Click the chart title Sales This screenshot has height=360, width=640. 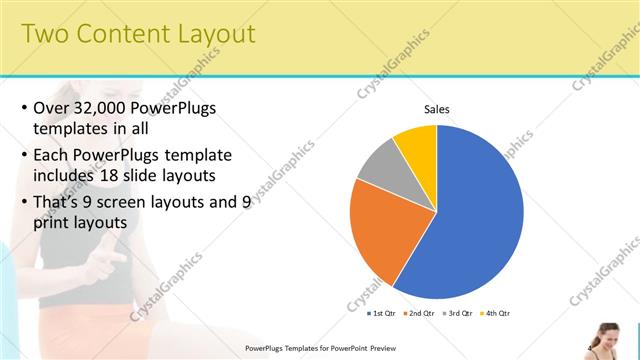(437, 109)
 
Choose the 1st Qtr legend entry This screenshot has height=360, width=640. (381, 313)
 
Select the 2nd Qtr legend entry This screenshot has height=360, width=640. (419, 313)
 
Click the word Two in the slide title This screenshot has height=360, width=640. (45, 34)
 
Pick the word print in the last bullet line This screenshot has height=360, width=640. (54, 224)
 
